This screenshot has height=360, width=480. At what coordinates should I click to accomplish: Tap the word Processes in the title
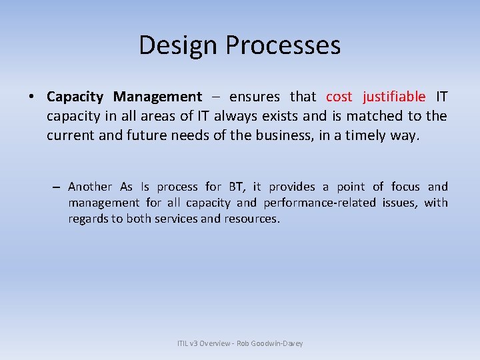coord(283,45)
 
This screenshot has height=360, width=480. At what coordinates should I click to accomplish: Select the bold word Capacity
coord(75,97)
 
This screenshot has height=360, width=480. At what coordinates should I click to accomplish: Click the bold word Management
coord(157,97)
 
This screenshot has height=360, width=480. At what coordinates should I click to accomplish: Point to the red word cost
coord(339,97)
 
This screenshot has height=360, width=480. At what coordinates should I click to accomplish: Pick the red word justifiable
coord(394,97)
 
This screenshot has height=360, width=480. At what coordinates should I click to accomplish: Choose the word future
coord(149,136)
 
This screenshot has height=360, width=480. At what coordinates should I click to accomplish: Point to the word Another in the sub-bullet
coord(90,187)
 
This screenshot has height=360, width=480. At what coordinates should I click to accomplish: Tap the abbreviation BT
coord(236,187)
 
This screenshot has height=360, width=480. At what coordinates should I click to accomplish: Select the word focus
coord(405,187)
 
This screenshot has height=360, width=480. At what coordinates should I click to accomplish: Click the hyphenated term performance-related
coord(319,203)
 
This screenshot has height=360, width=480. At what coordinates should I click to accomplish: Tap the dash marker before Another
coord(57,187)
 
